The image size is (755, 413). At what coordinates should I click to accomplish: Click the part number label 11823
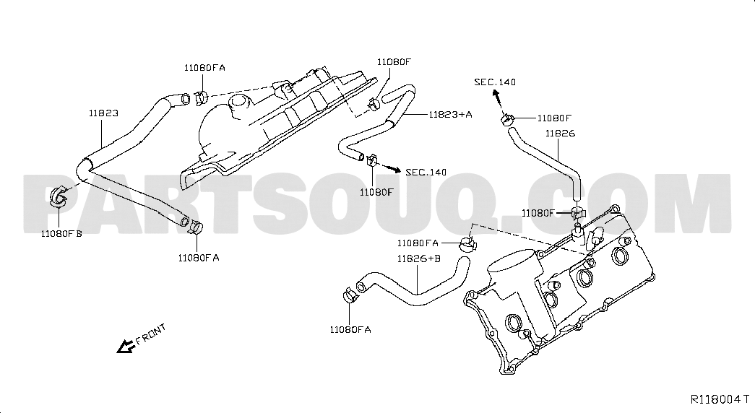[x=103, y=113]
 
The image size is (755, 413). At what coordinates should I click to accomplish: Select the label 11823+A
[x=450, y=115]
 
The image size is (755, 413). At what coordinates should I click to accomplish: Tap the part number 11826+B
[x=419, y=259]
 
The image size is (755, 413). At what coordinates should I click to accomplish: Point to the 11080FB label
[x=61, y=233]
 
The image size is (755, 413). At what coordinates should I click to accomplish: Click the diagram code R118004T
[x=720, y=399]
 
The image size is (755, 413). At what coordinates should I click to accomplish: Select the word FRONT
[x=151, y=334]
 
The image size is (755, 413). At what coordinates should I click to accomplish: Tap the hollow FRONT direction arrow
[x=125, y=346]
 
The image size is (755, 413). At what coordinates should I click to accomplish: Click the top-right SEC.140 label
[x=495, y=82]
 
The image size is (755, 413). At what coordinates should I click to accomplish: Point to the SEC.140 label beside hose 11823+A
[x=426, y=173]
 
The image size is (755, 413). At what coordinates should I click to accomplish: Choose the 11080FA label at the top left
[x=204, y=68]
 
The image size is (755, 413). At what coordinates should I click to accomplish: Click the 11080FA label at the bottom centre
[x=350, y=330]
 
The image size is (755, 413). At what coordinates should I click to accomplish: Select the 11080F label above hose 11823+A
[x=394, y=61]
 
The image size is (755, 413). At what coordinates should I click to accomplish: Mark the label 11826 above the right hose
[x=561, y=134]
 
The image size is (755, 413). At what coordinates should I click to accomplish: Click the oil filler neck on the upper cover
[x=239, y=108]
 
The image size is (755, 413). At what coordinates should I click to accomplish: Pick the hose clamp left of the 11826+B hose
[x=350, y=295]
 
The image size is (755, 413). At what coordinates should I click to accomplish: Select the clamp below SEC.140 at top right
[x=507, y=118]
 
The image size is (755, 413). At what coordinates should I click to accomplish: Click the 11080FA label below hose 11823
[x=199, y=258]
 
